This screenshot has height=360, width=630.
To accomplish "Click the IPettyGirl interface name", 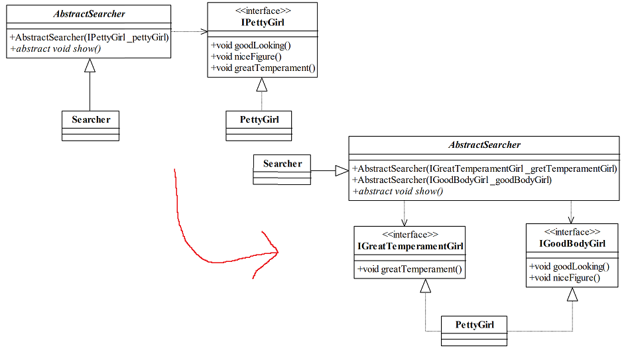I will click(x=262, y=23).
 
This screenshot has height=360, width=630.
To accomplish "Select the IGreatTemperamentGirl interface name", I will click(x=409, y=247).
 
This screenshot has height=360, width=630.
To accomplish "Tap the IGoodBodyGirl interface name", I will click(x=572, y=243).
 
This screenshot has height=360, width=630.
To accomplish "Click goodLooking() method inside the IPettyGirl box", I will click(x=251, y=46).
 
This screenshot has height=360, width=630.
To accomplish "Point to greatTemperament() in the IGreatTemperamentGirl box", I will click(x=409, y=269).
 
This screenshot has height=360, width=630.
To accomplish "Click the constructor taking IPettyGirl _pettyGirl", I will click(x=90, y=37).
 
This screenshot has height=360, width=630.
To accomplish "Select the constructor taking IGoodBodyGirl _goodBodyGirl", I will click(x=452, y=180).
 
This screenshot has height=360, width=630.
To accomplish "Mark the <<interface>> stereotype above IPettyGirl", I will click(x=262, y=11).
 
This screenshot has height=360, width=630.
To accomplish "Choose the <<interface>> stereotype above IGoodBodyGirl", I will click(x=572, y=232).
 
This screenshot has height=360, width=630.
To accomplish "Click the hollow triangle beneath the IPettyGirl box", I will click(x=262, y=84).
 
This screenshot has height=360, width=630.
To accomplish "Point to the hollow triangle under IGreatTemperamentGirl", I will click(x=425, y=285).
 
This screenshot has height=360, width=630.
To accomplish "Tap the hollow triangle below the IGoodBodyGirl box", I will click(x=572, y=294).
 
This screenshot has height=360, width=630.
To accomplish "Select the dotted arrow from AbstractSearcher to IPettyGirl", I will click(x=189, y=31).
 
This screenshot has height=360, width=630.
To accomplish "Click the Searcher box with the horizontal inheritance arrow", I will click(x=282, y=169).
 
